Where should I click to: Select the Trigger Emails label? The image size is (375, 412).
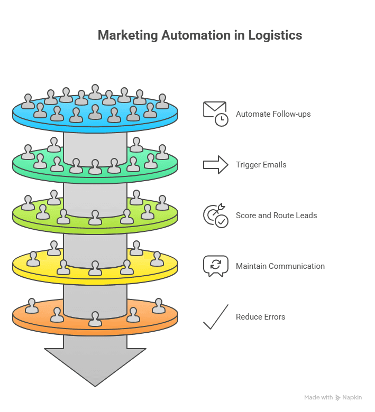[x=261, y=165]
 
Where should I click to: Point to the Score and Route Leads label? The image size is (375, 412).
[x=276, y=216]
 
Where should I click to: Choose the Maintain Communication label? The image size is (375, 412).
[x=280, y=266]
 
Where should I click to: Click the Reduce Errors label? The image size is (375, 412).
[x=260, y=317]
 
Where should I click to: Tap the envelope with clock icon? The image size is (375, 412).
[x=215, y=113]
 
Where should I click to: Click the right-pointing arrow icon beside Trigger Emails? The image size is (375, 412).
[x=215, y=165]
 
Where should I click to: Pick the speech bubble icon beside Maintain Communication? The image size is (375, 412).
[x=215, y=266]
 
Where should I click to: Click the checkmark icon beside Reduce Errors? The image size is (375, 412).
[x=215, y=317]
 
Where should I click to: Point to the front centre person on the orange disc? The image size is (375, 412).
[x=95, y=319]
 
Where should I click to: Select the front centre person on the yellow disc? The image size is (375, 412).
[x=95, y=268]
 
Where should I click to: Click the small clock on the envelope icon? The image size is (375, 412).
[x=221, y=119]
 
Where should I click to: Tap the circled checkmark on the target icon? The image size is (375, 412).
[x=222, y=221]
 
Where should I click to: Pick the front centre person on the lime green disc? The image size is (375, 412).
[x=95, y=218]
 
